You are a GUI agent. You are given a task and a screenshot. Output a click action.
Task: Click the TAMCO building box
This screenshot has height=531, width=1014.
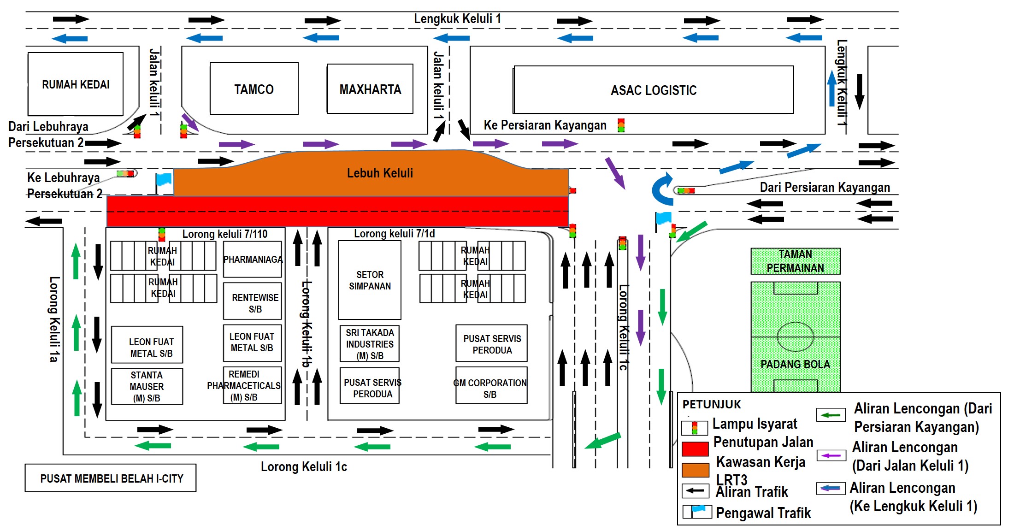click(x=254, y=88)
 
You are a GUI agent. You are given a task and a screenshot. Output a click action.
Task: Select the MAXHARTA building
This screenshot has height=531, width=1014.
click(x=370, y=89)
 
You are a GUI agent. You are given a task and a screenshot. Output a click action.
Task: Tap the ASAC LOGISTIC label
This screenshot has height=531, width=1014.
click(x=654, y=90)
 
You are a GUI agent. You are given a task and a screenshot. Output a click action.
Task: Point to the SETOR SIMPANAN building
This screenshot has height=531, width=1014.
click(x=370, y=280)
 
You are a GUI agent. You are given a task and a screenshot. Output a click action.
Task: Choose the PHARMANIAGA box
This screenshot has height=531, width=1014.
click(x=253, y=260)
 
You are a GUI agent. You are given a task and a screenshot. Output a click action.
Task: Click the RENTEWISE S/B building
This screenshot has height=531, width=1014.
click(x=253, y=302)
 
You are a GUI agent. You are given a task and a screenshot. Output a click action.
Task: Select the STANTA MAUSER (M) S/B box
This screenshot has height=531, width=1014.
click(x=147, y=386)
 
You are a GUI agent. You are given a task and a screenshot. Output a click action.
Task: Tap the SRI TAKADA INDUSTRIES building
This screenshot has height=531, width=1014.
click(x=370, y=344)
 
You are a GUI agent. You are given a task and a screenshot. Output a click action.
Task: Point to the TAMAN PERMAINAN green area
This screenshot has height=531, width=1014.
click(x=795, y=261)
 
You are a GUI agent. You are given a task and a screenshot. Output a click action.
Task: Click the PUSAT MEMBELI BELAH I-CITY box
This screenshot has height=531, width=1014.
click(x=111, y=478)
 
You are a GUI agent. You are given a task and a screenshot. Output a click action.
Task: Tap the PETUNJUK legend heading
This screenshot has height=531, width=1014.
click(x=711, y=404)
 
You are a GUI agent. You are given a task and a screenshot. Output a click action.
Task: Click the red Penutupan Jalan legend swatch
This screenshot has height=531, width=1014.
click(x=695, y=448)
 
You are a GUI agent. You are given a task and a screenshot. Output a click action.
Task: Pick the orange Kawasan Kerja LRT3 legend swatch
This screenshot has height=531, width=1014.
click(x=695, y=470)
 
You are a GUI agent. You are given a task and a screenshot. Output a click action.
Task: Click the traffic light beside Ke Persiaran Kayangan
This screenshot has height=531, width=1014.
click(x=621, y=125)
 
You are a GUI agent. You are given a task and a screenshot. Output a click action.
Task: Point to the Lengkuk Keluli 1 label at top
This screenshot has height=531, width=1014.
click(x=457, y=19)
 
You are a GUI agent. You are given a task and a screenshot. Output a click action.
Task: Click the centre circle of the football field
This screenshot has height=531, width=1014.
click(x=796, y=336)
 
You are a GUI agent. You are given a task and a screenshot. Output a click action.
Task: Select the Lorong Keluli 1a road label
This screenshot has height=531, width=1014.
click(x=54, y=319)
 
